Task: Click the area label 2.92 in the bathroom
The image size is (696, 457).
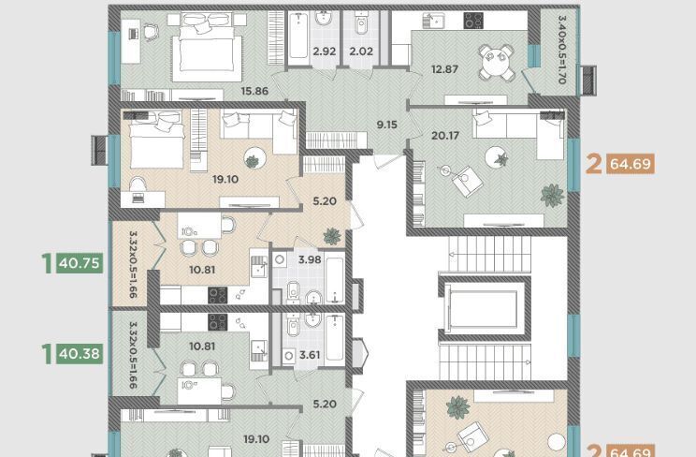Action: (324, 52)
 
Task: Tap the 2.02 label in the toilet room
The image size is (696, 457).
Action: (361, 52)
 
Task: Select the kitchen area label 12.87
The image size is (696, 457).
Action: (444, 69)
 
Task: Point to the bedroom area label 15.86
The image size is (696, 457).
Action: (254, 91)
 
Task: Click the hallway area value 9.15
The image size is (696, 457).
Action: (387, 125)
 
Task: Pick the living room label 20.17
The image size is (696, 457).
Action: (445, 135)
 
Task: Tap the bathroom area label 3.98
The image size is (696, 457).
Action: (310, 259)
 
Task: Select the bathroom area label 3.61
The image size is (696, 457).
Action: (310, 355)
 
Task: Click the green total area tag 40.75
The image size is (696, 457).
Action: (80, 263)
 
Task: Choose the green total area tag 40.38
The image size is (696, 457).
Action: (80, 353)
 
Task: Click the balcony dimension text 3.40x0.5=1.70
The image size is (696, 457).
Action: (562, 50)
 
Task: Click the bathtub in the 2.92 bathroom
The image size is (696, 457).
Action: (298, 37)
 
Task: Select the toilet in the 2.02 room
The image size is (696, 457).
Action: (361, 23)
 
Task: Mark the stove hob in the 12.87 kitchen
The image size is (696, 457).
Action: (473, 21)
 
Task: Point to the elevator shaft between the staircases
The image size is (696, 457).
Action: (485, 308)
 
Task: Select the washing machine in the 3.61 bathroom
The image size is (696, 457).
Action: (289, 356)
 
